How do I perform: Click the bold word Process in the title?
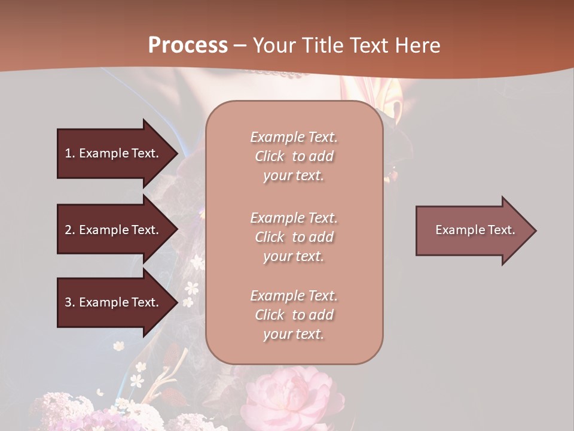pyautogui.click(x=188, y=45)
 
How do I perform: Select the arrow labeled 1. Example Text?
pyautogui.click(x=114, y=153)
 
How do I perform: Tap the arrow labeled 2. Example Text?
pyautogui.click(x=114, y=230)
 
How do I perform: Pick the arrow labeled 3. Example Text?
pyautogui.click(x=114, y=302)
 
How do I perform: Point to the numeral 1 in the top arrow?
pyautogui.click(x=68, y=153)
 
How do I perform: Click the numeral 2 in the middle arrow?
pyautogui.click(x=68, y=230)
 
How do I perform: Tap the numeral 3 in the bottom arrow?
pyautogui.click(x=68, y=302)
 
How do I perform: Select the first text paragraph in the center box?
pyautogui.click(x=294, y=156)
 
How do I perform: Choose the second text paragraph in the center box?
pyautogui.click(x=294, y=237)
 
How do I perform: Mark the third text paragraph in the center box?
pyautogui.click(x=294, y=315)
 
